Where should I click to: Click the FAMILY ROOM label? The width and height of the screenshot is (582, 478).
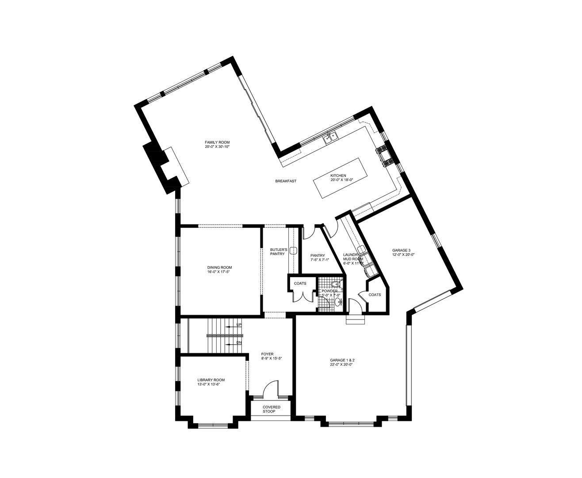(x=217, y=142)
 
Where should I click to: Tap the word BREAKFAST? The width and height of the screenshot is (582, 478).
(x=286, y=181)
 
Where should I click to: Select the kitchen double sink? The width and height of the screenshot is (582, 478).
(x=331, y=138)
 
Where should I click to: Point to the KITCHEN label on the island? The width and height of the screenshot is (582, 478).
(x=338, y=176)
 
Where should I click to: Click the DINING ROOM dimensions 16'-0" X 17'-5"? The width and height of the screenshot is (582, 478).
(x=220, y=272)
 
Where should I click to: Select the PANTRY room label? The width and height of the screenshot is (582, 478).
(x=318, y=255)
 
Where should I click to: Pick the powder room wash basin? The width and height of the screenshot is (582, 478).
(x=339, y=302)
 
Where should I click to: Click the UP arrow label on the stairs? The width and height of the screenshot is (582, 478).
(x=239, y=325)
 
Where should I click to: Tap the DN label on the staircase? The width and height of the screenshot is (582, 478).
(x=239, y=343)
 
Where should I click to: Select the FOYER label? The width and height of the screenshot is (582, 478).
(x=267, y=354)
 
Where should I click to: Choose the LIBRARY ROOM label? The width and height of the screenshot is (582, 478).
(x=211, y=380)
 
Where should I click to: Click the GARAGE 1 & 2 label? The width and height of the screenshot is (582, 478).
(x=342, y=360)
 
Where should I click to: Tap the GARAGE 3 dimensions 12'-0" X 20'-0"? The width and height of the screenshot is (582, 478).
(x=403, y=255)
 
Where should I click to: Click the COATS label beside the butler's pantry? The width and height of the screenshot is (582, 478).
(x=300, y=283)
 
